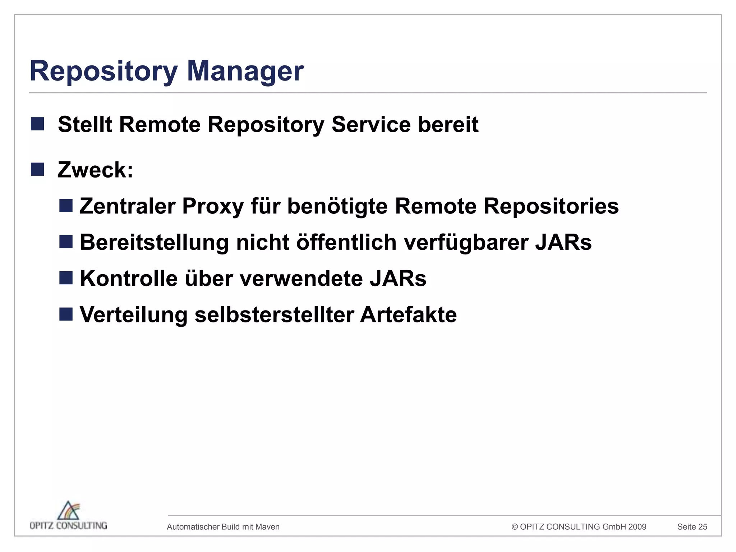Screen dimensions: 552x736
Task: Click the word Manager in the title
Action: [x=245, y=71]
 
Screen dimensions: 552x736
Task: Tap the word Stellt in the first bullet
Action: [x=85, y=124]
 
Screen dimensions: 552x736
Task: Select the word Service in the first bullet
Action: [x=371, y=124]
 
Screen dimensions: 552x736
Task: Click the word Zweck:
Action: [x=95, y=170]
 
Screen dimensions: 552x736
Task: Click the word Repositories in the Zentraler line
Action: [x=551, y=206]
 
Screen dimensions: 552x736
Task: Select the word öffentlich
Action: [x=346, y=242]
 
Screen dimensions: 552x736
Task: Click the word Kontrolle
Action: [x=129, y=279]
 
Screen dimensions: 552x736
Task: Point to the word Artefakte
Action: [x=408, y=315]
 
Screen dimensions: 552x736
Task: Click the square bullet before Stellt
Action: [x=37, y=124]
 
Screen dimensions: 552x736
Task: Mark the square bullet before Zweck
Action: [x=37, y=169]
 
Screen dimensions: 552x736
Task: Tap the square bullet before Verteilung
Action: [x=66, y=314]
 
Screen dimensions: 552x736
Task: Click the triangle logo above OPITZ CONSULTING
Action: [x=69, y=510]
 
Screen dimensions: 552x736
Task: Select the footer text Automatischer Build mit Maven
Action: [x=223, y=527]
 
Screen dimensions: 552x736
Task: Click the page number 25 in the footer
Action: [x=703, y=527]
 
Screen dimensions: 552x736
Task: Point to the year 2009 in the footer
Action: [x=637, y=527]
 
